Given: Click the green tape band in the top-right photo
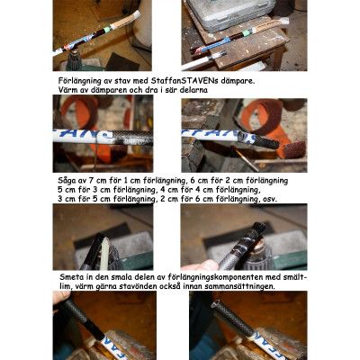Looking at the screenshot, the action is pyautogui.click(x=247, y=32).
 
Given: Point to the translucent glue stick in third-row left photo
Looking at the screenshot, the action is pyautogui.click(x=103, y=254).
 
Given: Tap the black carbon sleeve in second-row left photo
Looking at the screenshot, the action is pyautogui.click(x=133, y=138).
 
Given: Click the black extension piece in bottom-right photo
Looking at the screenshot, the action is pyautogui.click(x=236, y=319).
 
